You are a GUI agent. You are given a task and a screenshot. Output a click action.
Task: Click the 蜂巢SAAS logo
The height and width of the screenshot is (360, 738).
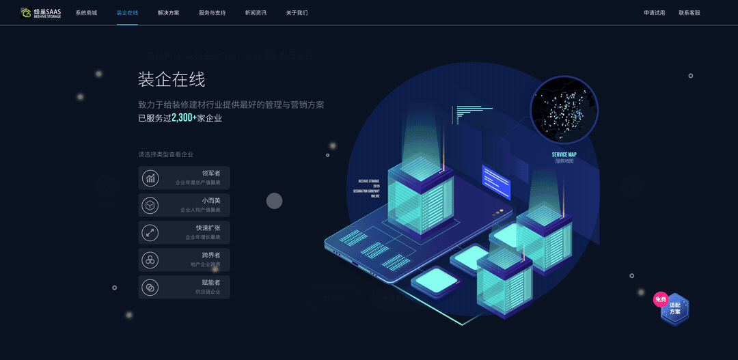click(x=41, y=12)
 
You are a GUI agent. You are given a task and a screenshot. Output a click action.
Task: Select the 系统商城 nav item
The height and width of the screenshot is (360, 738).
click(x=86, y=13)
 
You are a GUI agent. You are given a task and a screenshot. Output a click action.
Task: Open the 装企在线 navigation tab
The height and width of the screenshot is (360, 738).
click(x=127, y=13)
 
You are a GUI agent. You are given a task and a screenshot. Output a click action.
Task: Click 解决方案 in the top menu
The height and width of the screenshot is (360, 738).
click(x=168, y=13)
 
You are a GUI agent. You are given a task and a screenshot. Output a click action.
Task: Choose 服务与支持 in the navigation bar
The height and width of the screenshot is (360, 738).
click(x=212, y=13)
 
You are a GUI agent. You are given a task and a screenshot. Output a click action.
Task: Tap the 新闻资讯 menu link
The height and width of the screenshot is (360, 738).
click(x=256, y=13)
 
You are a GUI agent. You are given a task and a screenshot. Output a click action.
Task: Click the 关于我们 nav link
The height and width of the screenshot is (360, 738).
click(x=297, y=13)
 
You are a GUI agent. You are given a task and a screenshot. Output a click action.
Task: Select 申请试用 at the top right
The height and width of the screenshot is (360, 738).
click(x=654, y=13)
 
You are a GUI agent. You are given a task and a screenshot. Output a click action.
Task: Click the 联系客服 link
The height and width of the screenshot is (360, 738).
click(x=689, y=13)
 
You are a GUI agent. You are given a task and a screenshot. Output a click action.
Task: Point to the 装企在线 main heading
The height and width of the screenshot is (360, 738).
click(x=172, y=79)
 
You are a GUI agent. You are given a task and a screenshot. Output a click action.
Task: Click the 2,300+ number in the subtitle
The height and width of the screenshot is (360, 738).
click(x=184, y=118)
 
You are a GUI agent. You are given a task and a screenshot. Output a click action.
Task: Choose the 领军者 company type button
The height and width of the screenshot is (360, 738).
click(x=184, y=178)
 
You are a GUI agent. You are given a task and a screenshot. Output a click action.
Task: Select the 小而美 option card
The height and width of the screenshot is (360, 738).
click(x=184, y=205)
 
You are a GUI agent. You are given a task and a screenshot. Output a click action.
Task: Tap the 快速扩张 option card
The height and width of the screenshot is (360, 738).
click(x=184, y=232)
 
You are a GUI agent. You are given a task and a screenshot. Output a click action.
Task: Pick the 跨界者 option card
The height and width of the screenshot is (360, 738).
click(x=184, y=260)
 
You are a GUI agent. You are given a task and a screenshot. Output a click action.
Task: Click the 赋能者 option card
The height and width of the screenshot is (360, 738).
click(x=184, y=287)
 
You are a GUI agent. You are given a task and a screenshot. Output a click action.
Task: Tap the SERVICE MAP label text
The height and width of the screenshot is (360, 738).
click(x=564, y=154)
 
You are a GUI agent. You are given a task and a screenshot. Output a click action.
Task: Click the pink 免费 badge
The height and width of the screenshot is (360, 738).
click(x=660, y=299)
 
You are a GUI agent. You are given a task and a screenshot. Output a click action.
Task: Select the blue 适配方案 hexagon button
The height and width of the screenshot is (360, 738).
click(x=675, y=309)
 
